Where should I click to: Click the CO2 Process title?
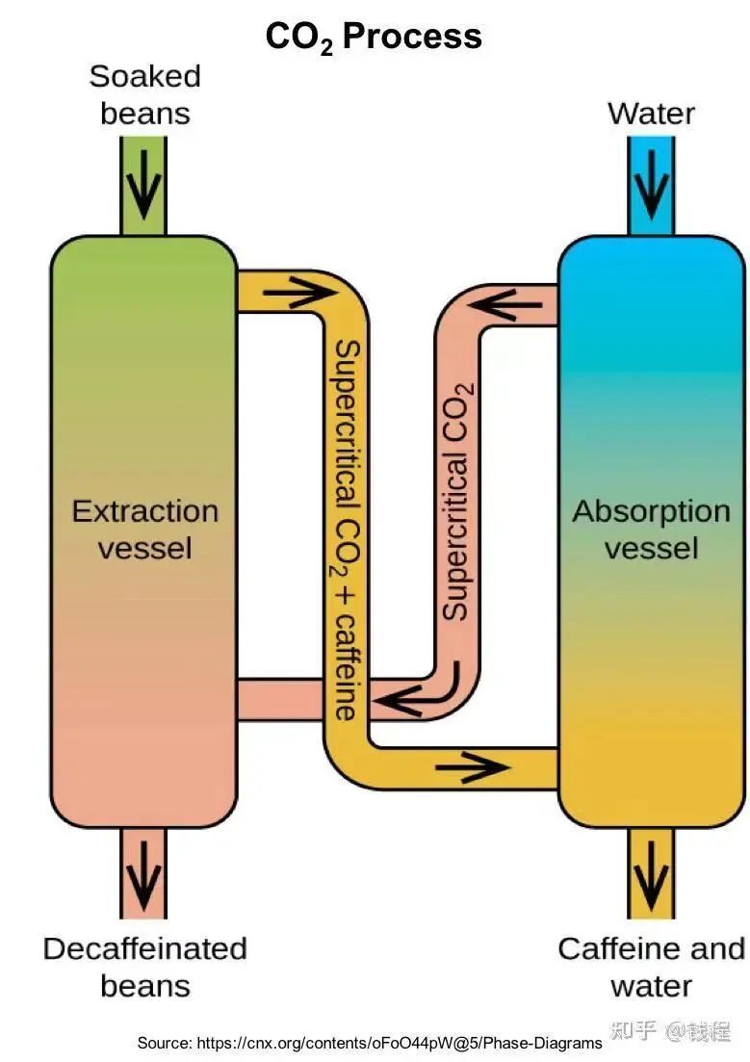(374, 37)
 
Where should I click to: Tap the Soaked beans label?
(144, 94)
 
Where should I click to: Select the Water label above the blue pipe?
(651, 114)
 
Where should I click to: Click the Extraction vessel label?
(144, 529)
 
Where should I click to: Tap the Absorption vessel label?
(651, 529)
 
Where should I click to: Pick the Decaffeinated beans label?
(144, 967)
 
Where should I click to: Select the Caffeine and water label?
(651, 967)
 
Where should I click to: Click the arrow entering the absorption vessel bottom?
(471, 766)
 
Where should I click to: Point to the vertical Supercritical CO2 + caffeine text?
(346, 530)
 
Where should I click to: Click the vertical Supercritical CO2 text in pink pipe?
(456, 501)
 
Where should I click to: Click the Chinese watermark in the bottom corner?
(670, 1031)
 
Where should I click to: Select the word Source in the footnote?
(165, 1043)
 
